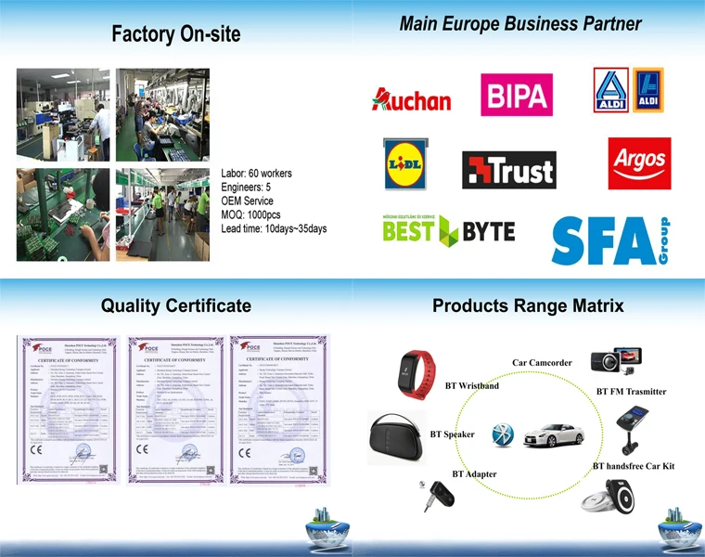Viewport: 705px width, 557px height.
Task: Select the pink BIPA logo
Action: tap(517, 95)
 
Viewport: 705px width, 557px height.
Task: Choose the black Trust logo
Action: tap(508, 170)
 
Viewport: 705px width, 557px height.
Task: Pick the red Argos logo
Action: tap(639, 163)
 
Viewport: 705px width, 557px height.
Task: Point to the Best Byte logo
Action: tap(448, 229)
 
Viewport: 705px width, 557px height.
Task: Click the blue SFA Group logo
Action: tap(609, 240)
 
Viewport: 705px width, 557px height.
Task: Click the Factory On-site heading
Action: tap(175, 35)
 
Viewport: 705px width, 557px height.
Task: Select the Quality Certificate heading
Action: tap(175, 305)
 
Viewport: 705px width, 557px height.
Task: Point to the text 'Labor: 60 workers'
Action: tap(256, 174)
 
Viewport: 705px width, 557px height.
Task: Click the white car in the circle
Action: tap(552, 433)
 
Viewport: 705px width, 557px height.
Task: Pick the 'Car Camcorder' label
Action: tap(542, 363)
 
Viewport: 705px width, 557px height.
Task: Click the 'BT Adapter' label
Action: tap(474, 474)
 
